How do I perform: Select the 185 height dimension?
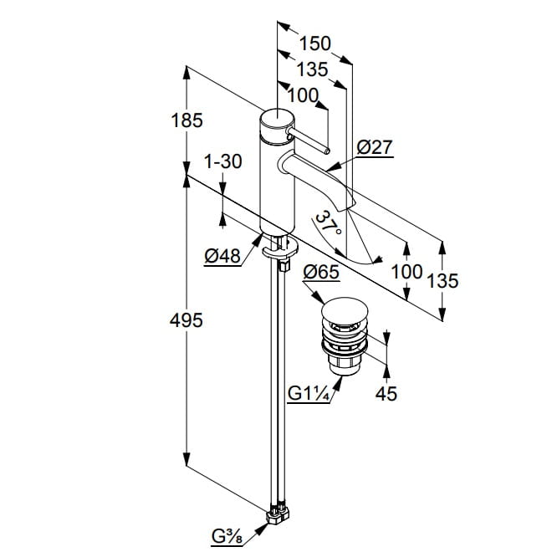[x=187, y=120]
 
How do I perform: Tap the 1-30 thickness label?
[x=222, y=161]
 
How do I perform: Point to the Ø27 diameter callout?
[x=374, y=148]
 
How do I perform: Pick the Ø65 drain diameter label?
[x=320, y=272]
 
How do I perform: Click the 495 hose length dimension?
[x=187, y=319]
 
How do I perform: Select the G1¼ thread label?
[x=308, y=392]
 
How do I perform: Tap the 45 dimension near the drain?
[x=386, y=392]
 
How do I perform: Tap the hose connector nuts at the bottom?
[x=279, y=513]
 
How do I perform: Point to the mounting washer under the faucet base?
[x=279, y=245]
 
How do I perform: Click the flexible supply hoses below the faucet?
[x=275, y=376]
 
